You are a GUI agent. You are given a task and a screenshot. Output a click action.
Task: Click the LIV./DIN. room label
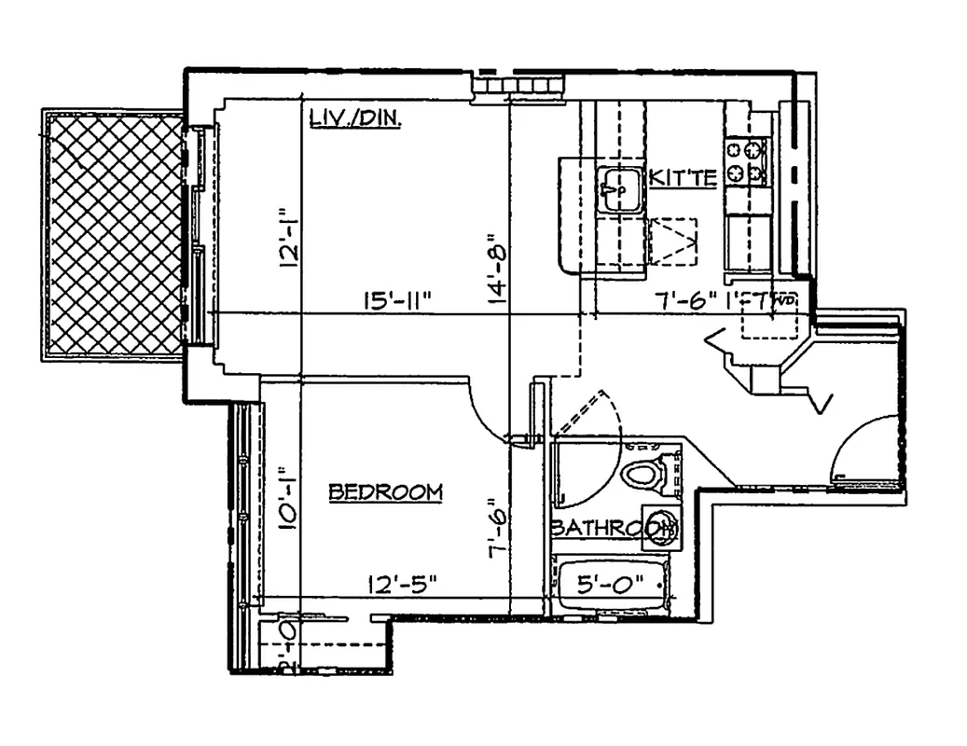[x=354, y=119]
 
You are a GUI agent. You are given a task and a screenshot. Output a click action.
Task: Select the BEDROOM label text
[x=385, y=492]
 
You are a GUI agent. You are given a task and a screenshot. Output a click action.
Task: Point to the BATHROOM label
[x=611, y=528]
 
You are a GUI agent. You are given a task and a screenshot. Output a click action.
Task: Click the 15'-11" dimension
[x=395, y=301]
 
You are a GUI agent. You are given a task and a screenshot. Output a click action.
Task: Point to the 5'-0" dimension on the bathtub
[x=610, y=587]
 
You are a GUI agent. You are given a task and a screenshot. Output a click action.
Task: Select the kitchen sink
[x=618, y=190]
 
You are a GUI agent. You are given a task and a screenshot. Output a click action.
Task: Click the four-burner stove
[x=746, y=160]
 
